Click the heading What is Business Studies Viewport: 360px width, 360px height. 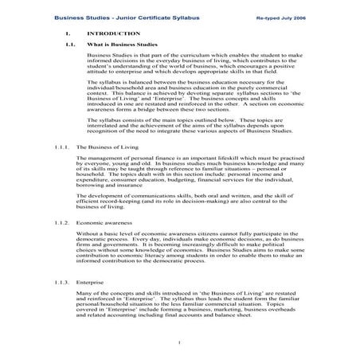point(120,45)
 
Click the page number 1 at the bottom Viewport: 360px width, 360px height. point(180,343)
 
